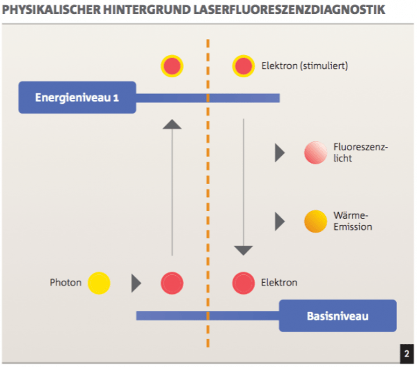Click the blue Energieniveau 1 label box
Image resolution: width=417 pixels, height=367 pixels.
pyautogui.click(x=77, y=97)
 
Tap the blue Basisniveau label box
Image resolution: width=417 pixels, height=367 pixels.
pyautogui.click(x=338, y=315)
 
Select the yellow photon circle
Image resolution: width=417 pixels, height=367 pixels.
pyautogui.click(x=99, y=283)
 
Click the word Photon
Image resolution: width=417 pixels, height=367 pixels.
pyautogui.click(x=65, y=283)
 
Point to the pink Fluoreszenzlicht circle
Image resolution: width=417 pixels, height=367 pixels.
pyautogui.click(x=315, y=153)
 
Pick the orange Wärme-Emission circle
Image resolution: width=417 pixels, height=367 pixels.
pyautogui.click(x=315, y=221)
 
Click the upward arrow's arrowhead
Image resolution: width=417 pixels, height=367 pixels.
pyautogui.click(x=172, y=124)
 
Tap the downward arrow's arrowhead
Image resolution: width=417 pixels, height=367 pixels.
pyautogui.click(x=244, y=251)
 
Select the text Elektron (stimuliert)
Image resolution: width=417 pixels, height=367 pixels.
pyautogui.click(x=304, y=65)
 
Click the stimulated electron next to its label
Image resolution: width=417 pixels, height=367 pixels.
pyautogui.click(x=244, y=66)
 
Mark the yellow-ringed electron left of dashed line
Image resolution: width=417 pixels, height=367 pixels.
pyautogui.click(x=172, y=66)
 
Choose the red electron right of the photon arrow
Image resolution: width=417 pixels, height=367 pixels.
pyautogui.click(x=172, y=283)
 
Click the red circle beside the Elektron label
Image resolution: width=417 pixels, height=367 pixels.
pyautogui.click(x=244, y=283)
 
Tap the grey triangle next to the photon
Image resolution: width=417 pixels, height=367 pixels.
pyautogui.click(x=136, y=283)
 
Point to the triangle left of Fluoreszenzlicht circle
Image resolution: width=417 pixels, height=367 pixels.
pyautogui.click(x=279, y=153)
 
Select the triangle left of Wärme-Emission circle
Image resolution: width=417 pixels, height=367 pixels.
pyautogui.click(x=279, y=221)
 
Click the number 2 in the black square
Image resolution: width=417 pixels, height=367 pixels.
pyautogui.click(x=407, y=354)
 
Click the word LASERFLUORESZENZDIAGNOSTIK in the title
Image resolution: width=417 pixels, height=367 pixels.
pyautogui.click(x=289, y=10)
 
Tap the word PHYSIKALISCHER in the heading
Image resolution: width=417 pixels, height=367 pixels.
pyautogui.click(x=52, y=10)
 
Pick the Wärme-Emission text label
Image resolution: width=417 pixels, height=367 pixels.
pyautogui.click(x=353, y=221)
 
